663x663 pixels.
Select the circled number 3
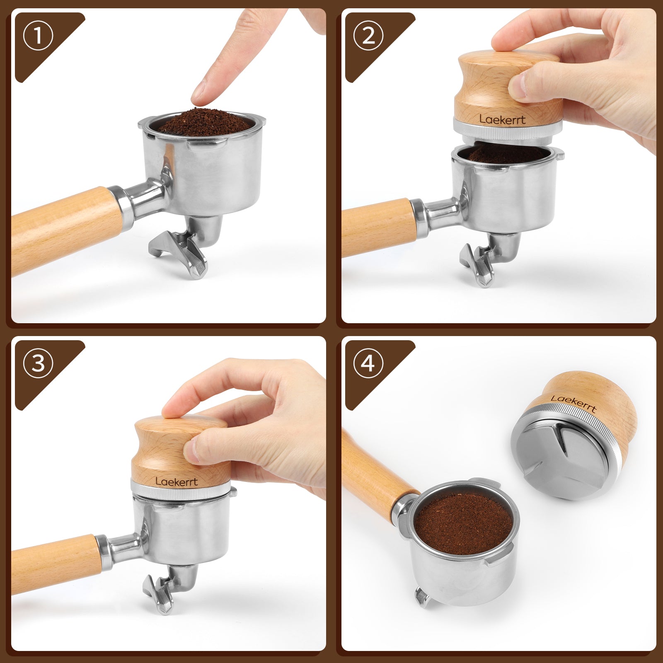(38, 363)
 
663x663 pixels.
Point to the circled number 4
(368, 363)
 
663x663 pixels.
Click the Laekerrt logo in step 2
(502, 119)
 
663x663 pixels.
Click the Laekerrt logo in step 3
(177, 481)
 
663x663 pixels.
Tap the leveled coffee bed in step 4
(464, 523)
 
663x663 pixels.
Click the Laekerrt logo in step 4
(573, 404)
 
